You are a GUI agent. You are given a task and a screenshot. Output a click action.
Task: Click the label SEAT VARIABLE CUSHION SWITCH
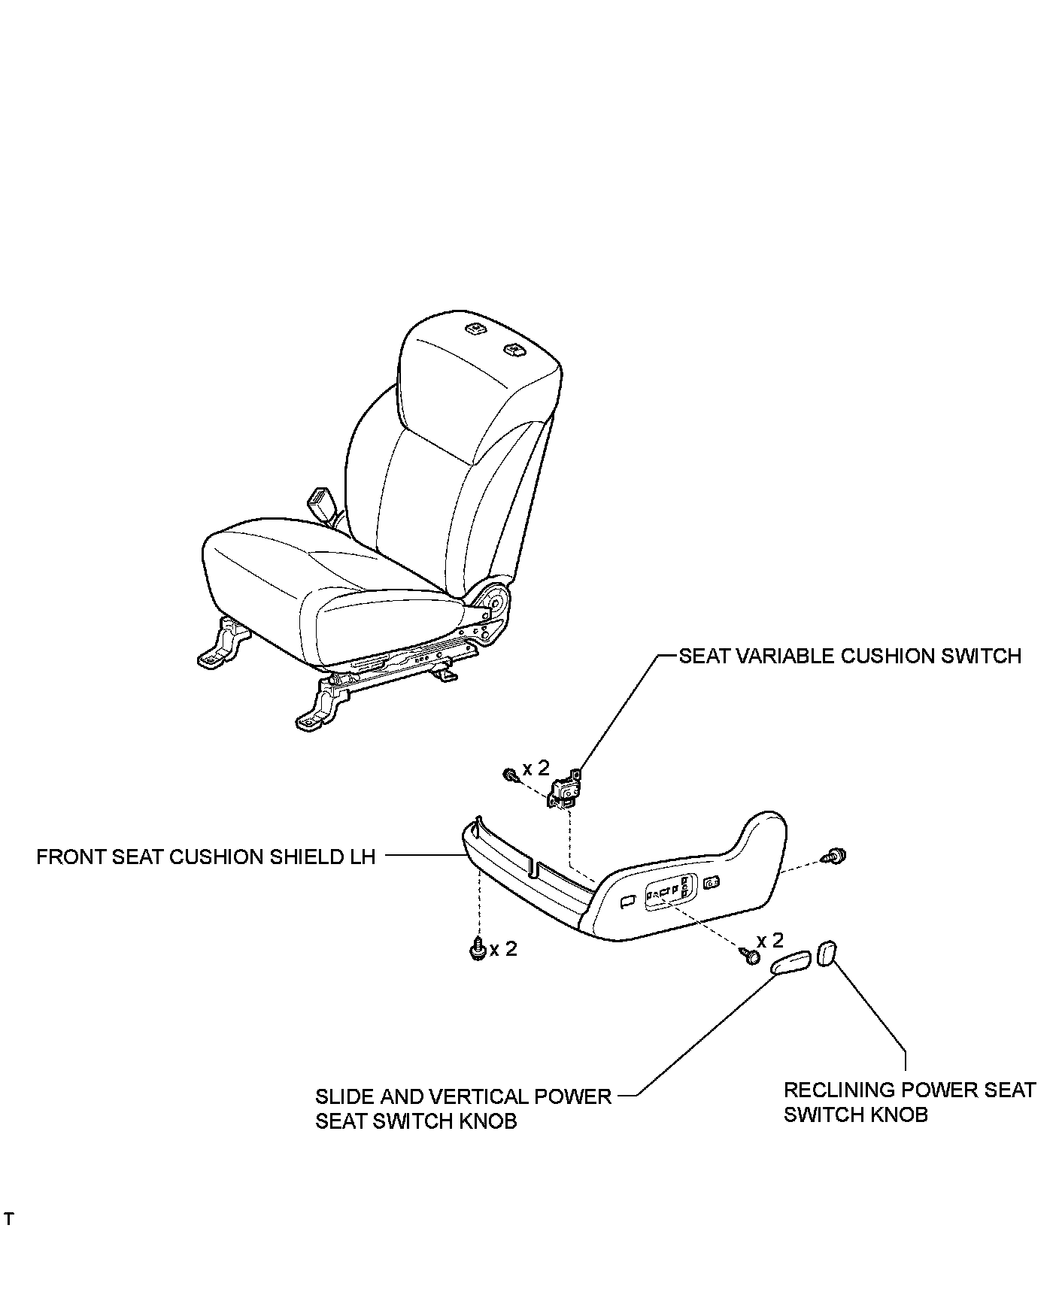(x=850, y=657)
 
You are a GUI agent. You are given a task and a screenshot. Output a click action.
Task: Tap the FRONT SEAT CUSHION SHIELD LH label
(x=205, y=857)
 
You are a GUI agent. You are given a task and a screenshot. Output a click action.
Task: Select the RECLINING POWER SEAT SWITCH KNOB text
(x=909, y=1102)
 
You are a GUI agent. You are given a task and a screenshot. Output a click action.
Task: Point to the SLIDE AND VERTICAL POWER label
(x=463, y=1096)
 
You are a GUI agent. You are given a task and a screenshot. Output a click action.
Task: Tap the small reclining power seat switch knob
(x=827, y=954)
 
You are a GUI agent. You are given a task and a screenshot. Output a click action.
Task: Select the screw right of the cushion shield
(x=835, y=855)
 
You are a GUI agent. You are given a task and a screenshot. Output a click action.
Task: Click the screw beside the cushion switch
(x=510, y=774)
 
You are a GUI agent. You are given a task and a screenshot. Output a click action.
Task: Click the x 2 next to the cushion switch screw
(x=536, y=768)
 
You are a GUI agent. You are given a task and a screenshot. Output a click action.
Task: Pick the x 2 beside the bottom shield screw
(x=503, y=949)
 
